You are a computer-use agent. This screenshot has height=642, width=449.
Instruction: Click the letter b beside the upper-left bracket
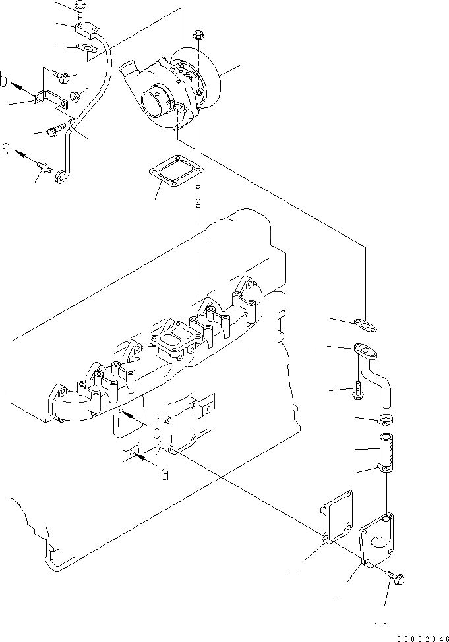click(x=4, y=81)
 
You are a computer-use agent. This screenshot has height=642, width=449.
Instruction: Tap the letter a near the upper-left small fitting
click(x=6, y=150)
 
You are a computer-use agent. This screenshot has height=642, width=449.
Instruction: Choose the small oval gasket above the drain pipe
click(x=362, y=323)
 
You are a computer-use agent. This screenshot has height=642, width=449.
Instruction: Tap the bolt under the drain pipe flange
click(x=357, y=390)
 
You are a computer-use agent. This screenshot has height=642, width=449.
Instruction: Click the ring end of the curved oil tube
click(x=61, y=175)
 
